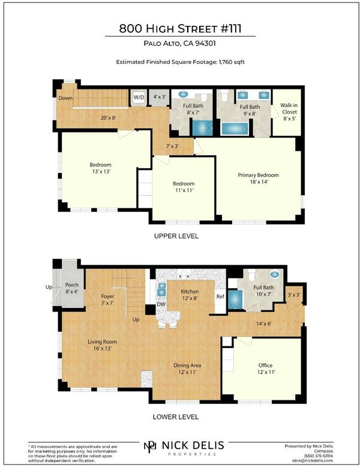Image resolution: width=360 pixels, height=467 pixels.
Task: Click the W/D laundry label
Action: pos(139,97)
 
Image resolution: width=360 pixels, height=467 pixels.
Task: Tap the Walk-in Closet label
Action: pos(289,109)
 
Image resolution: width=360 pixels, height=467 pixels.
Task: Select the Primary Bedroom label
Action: pos(258,175)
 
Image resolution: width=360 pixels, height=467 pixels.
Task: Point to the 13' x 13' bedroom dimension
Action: pos(101,171)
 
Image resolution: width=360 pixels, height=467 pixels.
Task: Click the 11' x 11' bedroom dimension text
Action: pos(184,190)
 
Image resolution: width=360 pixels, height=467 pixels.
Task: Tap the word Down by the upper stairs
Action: pos(65,98)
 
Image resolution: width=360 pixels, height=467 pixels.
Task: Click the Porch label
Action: pos(72,285)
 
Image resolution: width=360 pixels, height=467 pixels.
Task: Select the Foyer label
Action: pos(107,297)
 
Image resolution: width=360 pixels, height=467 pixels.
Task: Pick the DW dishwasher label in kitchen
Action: pos(161,304)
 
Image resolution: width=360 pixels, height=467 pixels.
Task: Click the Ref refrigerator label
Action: pos(220,297)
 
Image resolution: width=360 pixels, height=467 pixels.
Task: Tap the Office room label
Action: pos(265,365)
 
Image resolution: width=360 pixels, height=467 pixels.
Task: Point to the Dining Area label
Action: pos(187,365)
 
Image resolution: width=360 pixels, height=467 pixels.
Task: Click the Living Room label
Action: pos(102,342)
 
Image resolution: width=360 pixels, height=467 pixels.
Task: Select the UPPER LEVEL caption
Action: pos(176,236)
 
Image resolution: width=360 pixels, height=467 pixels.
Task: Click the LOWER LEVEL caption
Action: pos(176,417)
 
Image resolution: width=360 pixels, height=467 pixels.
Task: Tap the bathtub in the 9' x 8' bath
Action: pos(235,128)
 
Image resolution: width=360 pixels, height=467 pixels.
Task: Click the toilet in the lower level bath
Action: pos(252,275)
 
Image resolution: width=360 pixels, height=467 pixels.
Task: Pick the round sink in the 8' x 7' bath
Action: pos(183,94)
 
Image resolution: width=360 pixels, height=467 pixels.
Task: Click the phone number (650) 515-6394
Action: pos(319,456)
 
